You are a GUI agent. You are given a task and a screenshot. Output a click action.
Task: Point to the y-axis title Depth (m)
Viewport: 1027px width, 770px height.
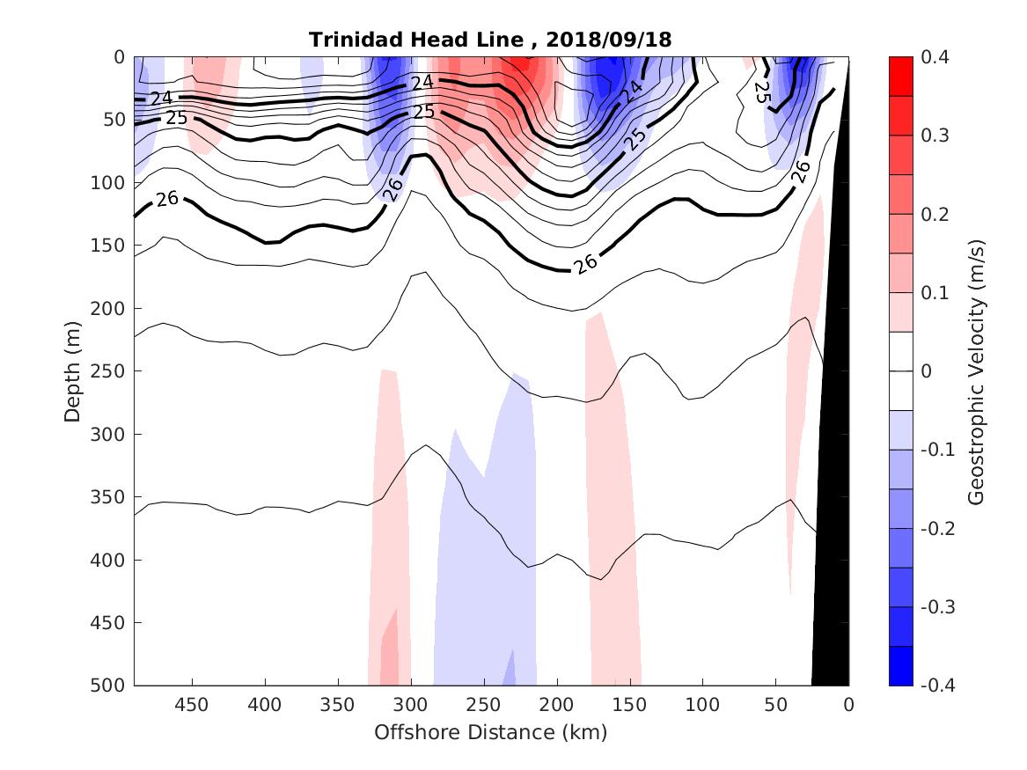tap(73, 370)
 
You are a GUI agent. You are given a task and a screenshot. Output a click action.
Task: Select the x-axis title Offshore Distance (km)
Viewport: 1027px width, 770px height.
tap(491, 732)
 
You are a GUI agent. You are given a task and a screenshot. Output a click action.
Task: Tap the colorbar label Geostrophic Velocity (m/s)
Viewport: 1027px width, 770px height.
tap(975, 370)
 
